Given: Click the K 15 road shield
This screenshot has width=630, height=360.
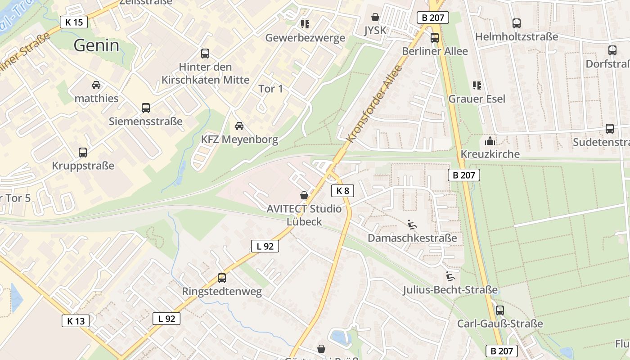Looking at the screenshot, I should click(x=74, y=22).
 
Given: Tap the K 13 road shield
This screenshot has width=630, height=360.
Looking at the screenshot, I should click(x=76, y=321).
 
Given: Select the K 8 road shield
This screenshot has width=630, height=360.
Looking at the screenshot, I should click(x=342, y=191).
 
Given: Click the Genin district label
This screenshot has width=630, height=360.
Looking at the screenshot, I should click(x=96, y=45).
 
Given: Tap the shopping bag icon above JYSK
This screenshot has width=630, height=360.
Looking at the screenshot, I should click(x=375, y=18).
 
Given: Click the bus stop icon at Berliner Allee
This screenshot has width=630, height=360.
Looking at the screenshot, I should click(x=434, y=38).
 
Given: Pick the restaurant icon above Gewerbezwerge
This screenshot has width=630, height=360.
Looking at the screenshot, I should click(x=305, y=24).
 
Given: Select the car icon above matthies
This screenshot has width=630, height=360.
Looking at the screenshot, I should click(x=96, y=85).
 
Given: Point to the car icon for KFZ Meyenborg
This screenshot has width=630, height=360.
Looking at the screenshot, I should click(x=239, y=126).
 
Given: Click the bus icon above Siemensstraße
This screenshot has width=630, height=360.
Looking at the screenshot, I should click(x=145, y=108).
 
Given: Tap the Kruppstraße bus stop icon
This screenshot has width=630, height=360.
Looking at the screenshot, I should click(x=83, y=152).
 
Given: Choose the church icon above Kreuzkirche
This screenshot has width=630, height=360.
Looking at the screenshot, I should click(x=490, y=141).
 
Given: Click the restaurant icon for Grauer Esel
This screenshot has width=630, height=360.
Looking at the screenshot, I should click(x=477, y=85).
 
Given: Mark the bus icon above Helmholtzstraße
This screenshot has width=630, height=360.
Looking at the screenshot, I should click(x=517, y=23).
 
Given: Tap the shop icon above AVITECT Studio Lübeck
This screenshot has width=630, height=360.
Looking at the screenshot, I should click(x=304, y=195).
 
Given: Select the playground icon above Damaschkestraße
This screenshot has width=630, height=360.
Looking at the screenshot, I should click(x=412, y=224).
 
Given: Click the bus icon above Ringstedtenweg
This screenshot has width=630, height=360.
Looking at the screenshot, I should click(x=221, y=278).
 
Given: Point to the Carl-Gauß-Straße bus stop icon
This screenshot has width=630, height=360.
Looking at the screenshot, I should click(x=499, y=310).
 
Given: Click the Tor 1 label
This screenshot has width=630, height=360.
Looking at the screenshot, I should click(x=271, y=89).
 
